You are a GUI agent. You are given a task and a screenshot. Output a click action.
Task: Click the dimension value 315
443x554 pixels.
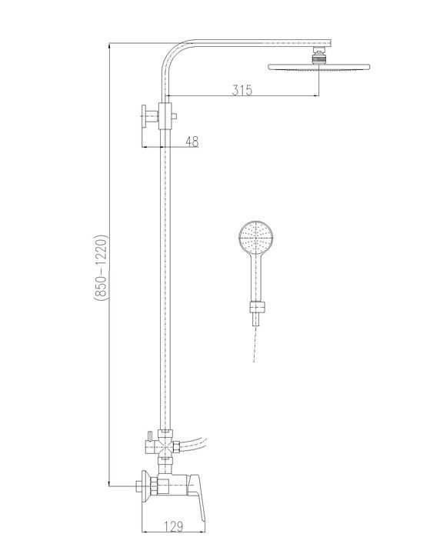[242, 90]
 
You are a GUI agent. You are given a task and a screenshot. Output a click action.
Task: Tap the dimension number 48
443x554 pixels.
[192, 141]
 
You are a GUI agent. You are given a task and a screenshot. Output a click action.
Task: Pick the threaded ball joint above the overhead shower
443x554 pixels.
[317, 57]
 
